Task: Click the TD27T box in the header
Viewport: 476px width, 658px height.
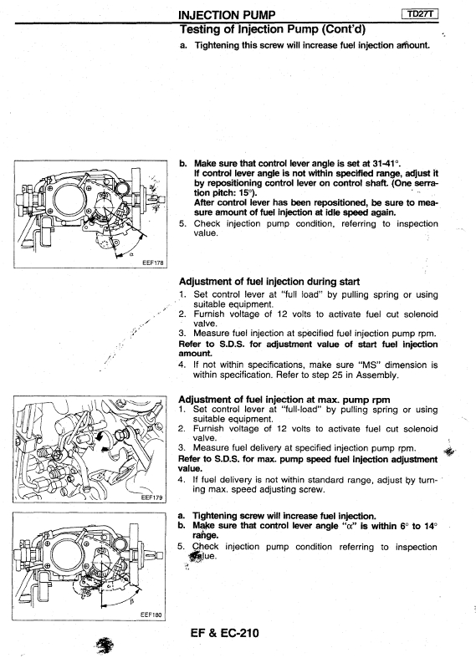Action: (420, 14)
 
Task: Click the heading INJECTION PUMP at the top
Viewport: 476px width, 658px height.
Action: (227, 15)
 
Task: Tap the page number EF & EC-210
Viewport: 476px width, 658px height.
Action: (224, 633)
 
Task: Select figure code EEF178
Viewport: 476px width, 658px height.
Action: (153, 263)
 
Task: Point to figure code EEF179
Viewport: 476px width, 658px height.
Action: (152, 497)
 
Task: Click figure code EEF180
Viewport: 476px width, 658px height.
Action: (151, 615)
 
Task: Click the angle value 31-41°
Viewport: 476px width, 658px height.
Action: (384, 163)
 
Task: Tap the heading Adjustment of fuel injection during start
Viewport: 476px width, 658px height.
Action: (269, 282)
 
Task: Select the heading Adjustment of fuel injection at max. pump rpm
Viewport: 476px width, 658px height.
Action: (284, 399)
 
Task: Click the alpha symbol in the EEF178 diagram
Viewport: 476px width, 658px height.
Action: (131, 254)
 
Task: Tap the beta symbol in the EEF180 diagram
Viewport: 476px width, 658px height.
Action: (131, 602)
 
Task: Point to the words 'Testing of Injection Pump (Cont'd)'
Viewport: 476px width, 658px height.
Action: (273, 29)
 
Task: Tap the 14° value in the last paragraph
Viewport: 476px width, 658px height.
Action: (429, 526)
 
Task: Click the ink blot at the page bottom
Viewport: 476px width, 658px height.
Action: (105, 645)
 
